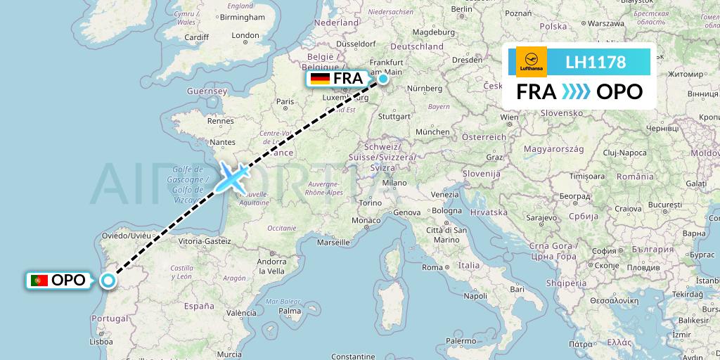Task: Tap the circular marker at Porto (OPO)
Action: (x=108, y=281)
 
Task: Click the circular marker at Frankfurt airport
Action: (x=383, y=79)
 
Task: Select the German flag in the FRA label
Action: (x=320, y=79)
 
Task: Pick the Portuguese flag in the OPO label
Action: (x=39, y=281)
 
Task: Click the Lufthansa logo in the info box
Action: (x=532, y=62)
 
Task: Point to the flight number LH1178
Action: (x=596, y=62)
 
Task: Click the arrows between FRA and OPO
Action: (x=577, y=92)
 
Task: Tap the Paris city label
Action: (x=285, y=101)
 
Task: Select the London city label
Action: (x=245, y=36)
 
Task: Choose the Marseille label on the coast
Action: (x=333, y=242)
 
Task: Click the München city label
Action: (x=432, y=131)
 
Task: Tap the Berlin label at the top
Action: (x=461, y=9)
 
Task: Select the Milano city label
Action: (x=394, y=182)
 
